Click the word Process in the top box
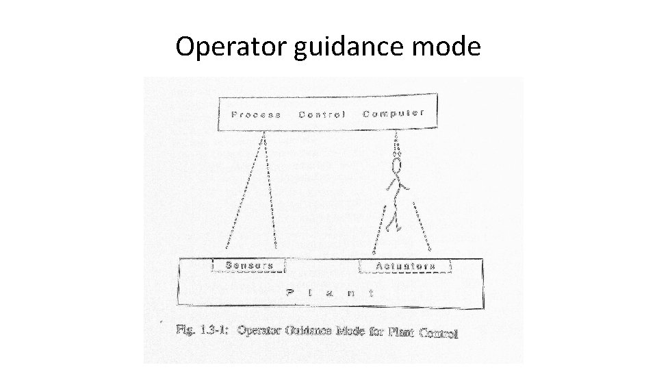[256, 114]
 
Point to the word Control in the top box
[322, 114]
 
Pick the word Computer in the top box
[394, 113]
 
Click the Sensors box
[249, 265]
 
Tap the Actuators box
[405, 265]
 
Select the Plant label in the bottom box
[329, 292]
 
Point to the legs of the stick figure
[392, 214]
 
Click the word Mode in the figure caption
[350, 331]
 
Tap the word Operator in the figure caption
[259, 330]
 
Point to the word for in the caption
[376, 332]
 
